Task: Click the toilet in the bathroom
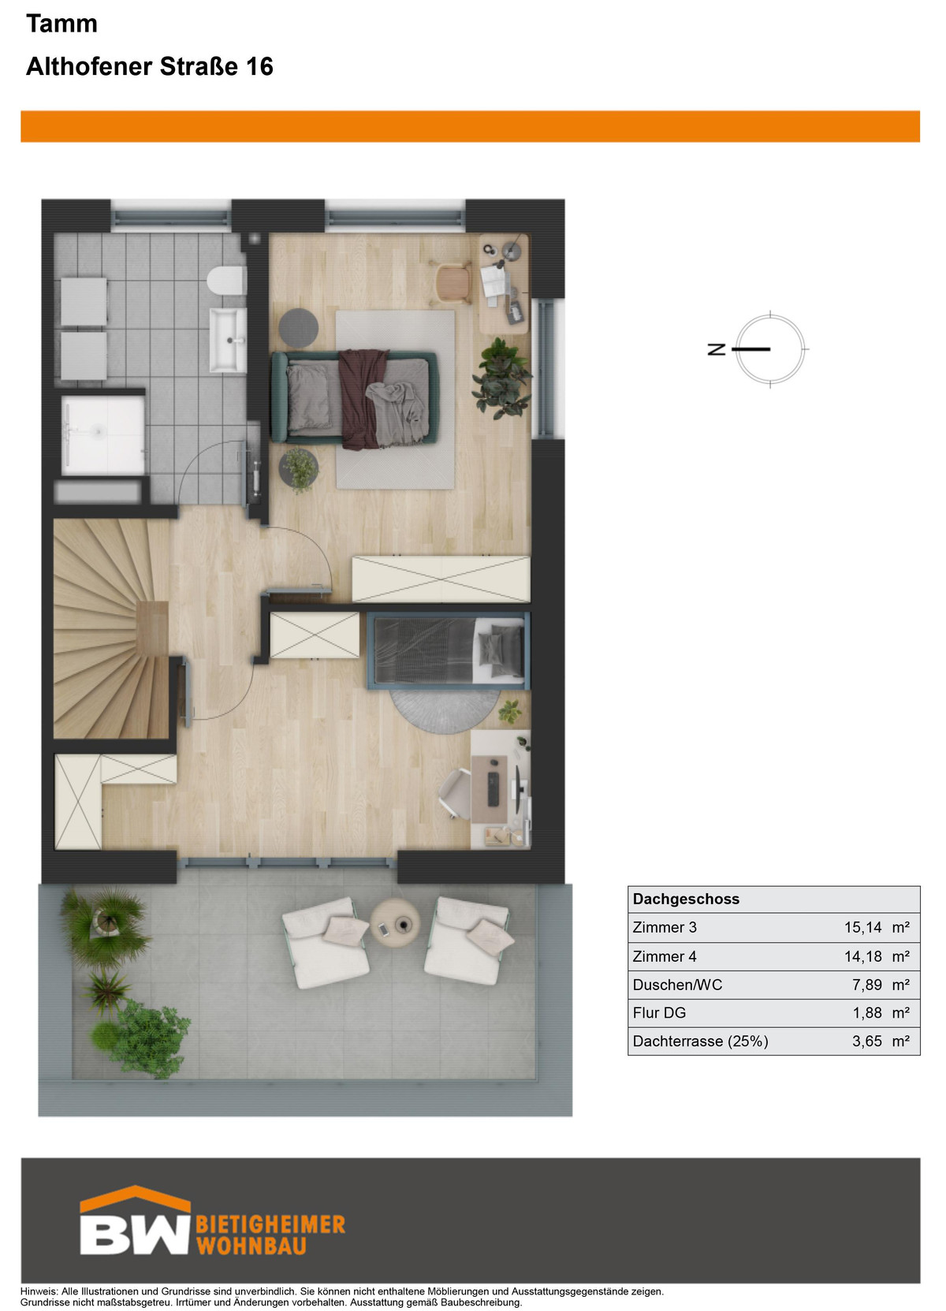coord(226,281)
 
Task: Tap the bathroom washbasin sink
coord(229,340)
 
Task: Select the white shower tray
coord(103,436)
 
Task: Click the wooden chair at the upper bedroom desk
coord(453,283)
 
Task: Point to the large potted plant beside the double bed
coord(501,377)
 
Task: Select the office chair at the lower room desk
coord(456,792)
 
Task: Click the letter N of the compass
coord(717,349)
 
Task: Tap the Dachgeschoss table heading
coord(686,899)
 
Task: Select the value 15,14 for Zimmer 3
coord(862,927)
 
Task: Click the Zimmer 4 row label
coord(665,956)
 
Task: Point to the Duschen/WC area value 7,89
coord(867,985)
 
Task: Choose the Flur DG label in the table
coord(659,1013)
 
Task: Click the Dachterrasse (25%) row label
coord(700,1041)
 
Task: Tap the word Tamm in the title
coord(61,24)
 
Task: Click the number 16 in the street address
coord(259,67)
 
